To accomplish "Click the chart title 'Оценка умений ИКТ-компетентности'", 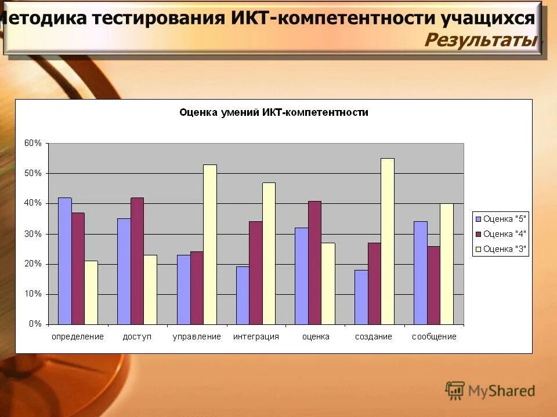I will (274, 112).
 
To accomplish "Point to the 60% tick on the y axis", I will (32, 143).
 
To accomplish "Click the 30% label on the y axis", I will (32, 234).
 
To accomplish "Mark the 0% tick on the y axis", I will (35, 324).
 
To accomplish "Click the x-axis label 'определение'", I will (78, 336).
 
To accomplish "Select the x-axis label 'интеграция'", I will (256, 336).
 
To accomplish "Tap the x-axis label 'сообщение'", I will (434, 336).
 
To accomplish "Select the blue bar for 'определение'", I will (64, 261).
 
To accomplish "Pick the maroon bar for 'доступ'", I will (137, 261).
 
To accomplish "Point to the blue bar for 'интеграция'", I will (243, 295).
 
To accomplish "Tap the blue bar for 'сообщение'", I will (420, 273).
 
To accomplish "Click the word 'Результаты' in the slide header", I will (481, 40).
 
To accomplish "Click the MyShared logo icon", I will (455, 390).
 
